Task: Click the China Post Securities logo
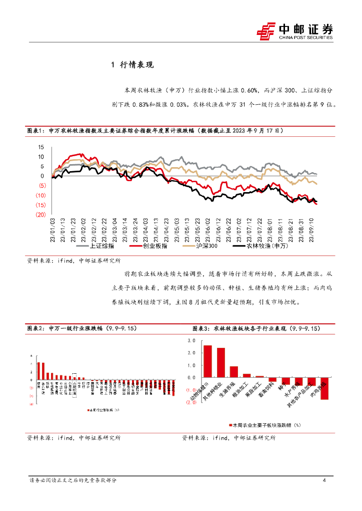click(x=294, y=31)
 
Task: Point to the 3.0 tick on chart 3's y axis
click(x=191, y=341)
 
